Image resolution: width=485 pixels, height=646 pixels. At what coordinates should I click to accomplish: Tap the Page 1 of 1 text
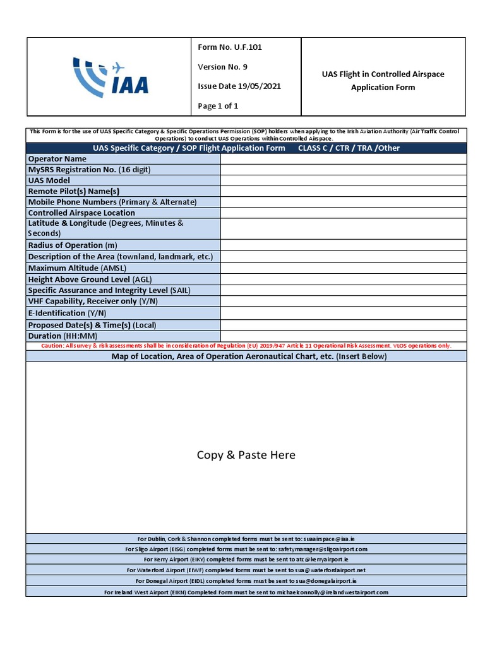click(218, 106)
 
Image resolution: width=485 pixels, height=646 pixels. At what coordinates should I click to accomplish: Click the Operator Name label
click(57, 159)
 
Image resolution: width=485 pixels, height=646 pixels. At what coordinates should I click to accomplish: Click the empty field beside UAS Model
click(344, 180)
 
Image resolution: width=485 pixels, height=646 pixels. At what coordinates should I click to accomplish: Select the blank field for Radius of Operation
click(344, 245)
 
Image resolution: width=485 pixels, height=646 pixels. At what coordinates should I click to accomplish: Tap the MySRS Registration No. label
click(90, 170)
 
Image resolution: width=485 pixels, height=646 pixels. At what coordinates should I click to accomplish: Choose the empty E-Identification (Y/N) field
click(344, 314)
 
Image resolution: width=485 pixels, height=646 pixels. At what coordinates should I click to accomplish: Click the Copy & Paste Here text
click(246, 455)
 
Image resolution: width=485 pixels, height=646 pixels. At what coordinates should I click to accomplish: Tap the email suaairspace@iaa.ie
click(333, 539)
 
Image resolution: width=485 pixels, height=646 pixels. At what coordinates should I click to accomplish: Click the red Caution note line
click(246, 346)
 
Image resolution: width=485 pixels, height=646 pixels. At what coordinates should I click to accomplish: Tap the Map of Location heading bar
click(246, 356)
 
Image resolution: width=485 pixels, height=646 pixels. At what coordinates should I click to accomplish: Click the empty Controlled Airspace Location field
click(344, 213)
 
